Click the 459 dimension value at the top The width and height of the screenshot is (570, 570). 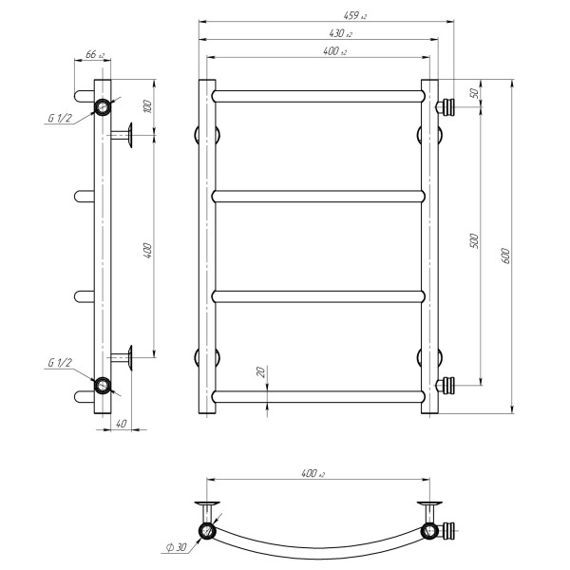coord(354,15)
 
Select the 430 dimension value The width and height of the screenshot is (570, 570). coord(340,33)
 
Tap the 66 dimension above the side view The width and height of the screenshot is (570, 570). coord(94,54)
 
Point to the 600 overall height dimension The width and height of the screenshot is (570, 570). coord(505,256)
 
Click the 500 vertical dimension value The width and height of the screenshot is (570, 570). coord(475,240)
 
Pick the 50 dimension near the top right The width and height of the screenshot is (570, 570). coord(474,93)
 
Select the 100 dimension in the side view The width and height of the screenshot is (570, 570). coord(147,105)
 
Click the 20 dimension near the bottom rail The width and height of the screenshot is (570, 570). coord(261,371)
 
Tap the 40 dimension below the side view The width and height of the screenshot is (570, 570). coord(122,424)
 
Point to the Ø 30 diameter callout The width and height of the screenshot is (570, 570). coord(177,547)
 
